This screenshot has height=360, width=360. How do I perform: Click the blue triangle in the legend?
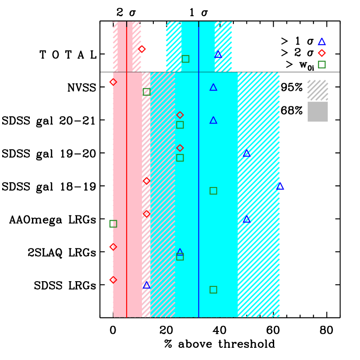pos(322,42)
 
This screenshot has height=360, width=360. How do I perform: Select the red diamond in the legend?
pos(322,53)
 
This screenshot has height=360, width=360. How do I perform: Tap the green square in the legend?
pos(322,64)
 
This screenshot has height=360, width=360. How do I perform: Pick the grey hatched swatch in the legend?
pos(318,90)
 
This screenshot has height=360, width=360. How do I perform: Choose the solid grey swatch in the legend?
pos(318,112)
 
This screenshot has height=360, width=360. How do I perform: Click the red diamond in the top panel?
pos(142,49)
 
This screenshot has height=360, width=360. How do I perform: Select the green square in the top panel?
pos(186,59)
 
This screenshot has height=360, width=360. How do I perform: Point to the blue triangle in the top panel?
pos(218,55)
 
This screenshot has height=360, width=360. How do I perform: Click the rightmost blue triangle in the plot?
pos(280,187)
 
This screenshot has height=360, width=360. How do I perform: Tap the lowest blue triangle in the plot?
pos(147,286)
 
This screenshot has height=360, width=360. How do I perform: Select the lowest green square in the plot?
pos(213,289)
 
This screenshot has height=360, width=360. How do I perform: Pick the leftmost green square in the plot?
pos(113,224)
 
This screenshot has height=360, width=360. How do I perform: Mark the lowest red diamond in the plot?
pos(113,280)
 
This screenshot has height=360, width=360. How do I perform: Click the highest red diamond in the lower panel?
pos(113,82)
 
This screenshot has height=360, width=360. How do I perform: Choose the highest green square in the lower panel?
pos(147,92)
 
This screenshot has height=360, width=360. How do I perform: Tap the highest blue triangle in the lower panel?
pos(213,88)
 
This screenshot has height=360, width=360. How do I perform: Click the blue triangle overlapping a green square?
pos(180,252)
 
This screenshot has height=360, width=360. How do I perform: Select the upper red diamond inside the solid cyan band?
pos(180,115)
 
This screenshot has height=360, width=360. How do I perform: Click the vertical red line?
pos(127,197)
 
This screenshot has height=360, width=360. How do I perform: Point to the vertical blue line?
pos(199,197)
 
